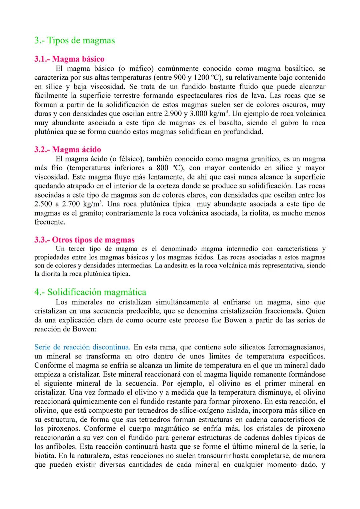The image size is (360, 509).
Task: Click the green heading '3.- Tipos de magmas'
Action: [x=74, y=40]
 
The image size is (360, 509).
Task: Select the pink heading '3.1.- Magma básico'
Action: [x=69, y=59]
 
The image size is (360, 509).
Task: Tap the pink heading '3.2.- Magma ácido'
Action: [x=67, y=149]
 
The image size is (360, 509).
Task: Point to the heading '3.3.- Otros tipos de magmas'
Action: [x=84, y=240]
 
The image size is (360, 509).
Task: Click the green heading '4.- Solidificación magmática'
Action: [x=90, y=292]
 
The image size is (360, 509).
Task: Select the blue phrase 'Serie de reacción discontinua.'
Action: [x=82, y=347]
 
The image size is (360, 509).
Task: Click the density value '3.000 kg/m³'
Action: [x=210, y=114]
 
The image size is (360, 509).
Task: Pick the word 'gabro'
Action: [x=290, y=123]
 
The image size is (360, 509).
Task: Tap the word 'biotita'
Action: [x=45, y=455]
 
